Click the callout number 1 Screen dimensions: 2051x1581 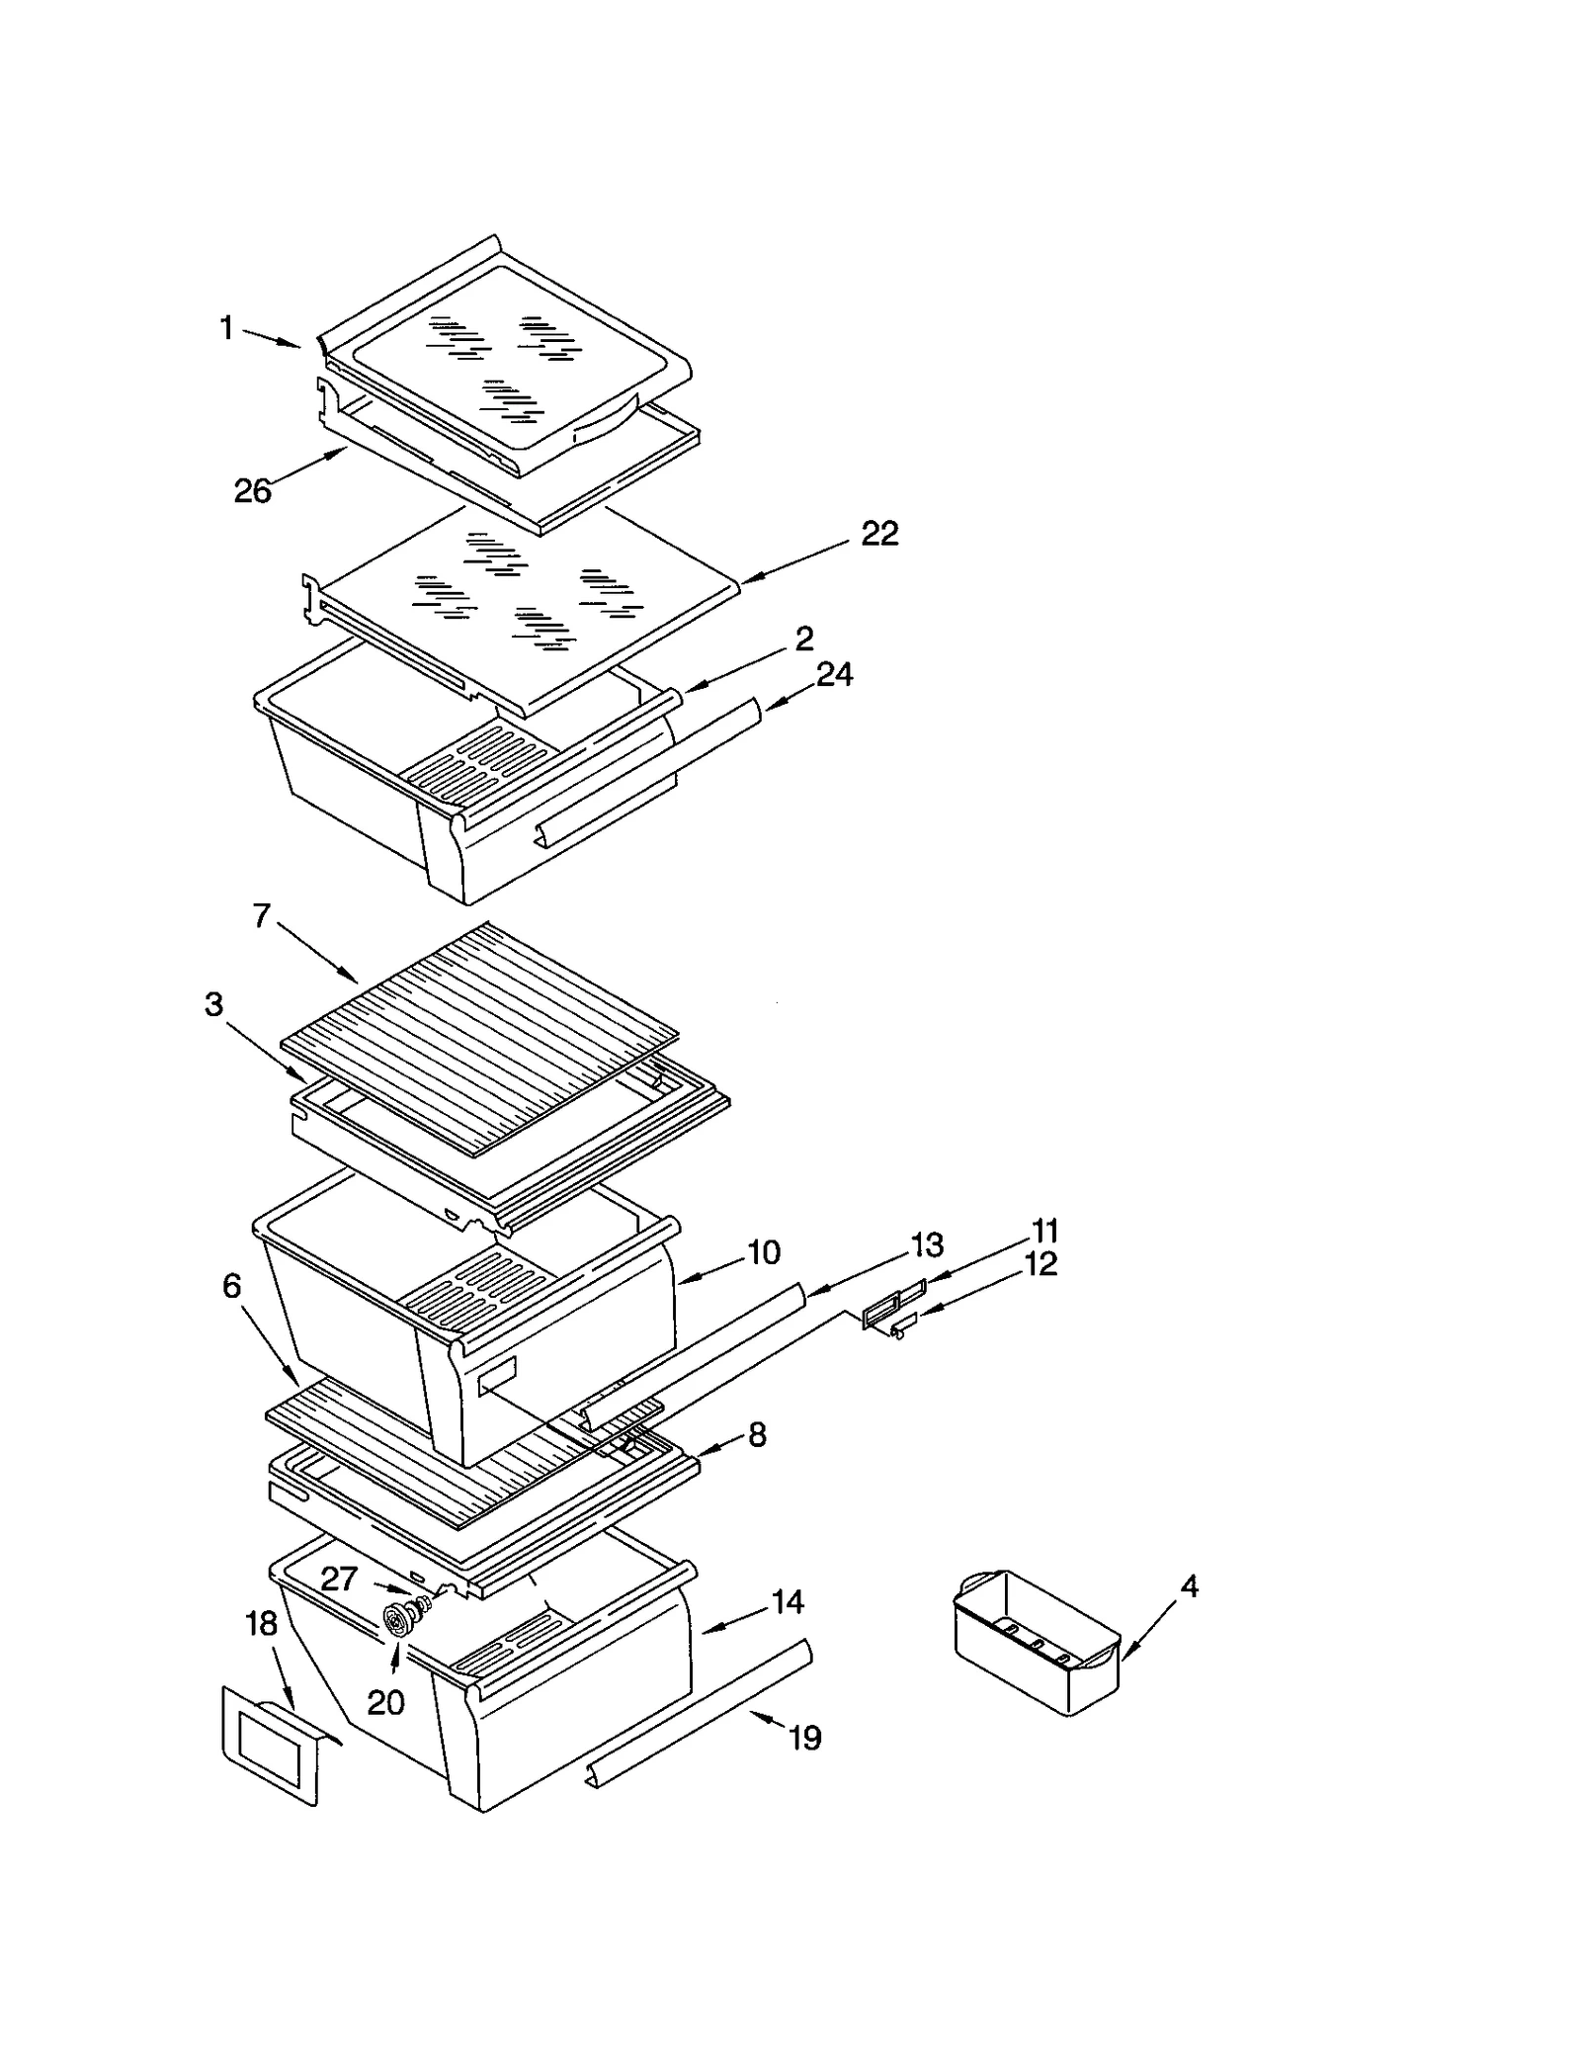(226, 328)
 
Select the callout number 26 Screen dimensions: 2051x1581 (252, 490)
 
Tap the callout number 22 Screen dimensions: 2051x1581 (879, 534)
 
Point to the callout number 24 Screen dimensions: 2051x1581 (834, 675)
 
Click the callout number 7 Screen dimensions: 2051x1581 (261, 916)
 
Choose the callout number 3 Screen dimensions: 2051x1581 (213, 1005)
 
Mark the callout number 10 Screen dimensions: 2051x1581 (764, 1252)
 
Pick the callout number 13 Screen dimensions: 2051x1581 (927, 1244)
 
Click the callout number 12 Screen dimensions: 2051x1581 (1040, 1264)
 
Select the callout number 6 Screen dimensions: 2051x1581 (231, 1286)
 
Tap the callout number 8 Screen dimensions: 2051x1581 (757, 1435)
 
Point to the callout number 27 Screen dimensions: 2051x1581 (338, 1579)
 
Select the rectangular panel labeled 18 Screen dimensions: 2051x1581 (269, 1747)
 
